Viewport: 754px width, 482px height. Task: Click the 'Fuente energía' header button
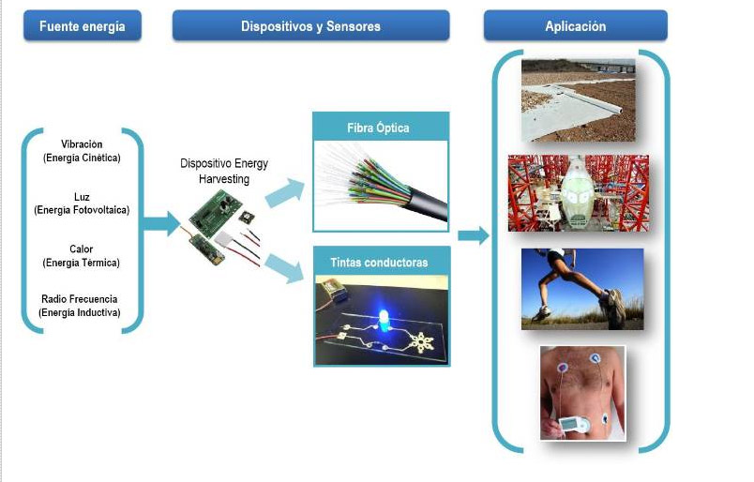pyautogui.click(x=82, y=26)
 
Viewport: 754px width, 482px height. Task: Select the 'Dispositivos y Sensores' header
pyautogui.click(x=310, y=26)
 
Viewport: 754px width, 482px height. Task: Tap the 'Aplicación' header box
pyautogui.click(x=575, y=26)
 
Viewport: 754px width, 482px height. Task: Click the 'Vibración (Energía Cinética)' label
pyautogui.click(x=82, y=151)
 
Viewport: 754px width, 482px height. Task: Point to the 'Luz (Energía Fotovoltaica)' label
pyautogui.click(x=82, y=203)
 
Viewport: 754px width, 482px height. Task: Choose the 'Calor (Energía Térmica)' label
pyautogui.click(x=82, y=256)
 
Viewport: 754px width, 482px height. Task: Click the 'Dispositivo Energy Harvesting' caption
pyautogui.click(x=224, y=171)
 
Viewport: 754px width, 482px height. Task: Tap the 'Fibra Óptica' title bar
pyautogui.click(x=381, y=128)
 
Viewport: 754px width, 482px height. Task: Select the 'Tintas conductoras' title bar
pyautogui.click(x=381, y=263)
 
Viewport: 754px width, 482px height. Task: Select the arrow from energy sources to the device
pyautogui.click(x=160, y=223)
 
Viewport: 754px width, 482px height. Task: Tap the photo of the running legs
pyautogui.click(x=582, y=289)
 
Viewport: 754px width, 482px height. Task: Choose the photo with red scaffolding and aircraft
pyautogui.click(x=578, y=193)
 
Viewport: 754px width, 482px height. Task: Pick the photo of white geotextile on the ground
pyautogui.click(x=578, y=99)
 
